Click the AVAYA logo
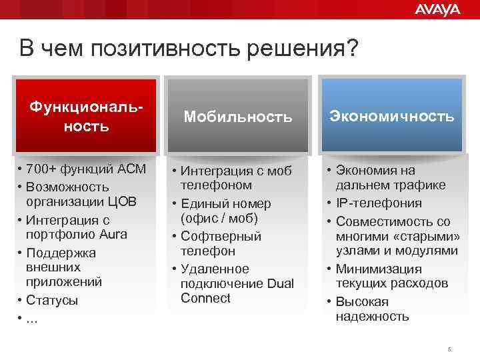437,9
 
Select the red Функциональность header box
87,115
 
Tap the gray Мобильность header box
238,117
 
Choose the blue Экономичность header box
391,116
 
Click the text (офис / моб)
219,219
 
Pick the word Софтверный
221,236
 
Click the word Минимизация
379,269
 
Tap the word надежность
372,317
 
